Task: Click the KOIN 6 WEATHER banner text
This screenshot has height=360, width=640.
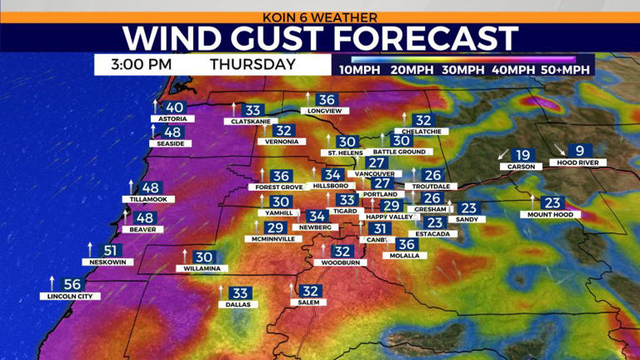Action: click(x=320, y=17)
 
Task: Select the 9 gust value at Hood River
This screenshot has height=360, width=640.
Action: click(x=580, y=152)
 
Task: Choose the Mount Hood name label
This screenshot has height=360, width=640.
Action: click(x=546, y=214)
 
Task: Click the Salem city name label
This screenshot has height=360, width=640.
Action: click(x=308, y=303)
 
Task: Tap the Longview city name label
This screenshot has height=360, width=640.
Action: click(x=324, y=111)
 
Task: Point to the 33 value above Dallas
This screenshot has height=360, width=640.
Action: click(x=241, y=293)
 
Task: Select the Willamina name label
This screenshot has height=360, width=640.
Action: click(x=202, y=269)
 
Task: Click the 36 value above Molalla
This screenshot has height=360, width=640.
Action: click(x=406, y=244)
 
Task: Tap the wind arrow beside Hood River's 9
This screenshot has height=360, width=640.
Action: click(x=560, y=151)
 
